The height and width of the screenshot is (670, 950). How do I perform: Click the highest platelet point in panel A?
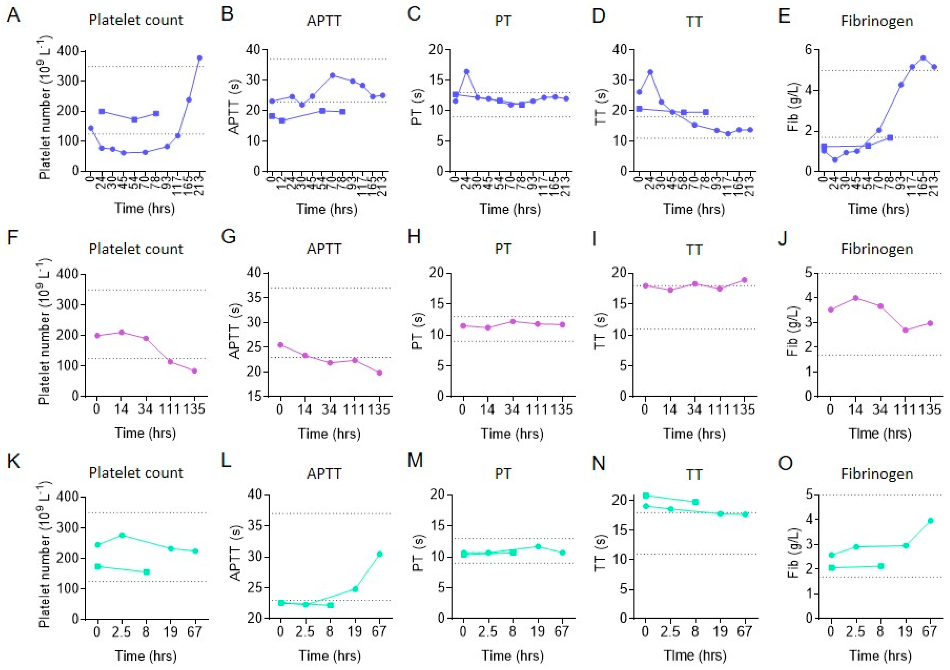pos(199,58)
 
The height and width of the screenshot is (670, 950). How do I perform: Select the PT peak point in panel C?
pos(467,71)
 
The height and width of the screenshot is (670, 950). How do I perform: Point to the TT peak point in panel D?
pos(650,72)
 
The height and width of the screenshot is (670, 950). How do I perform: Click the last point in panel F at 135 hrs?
pos(194,370)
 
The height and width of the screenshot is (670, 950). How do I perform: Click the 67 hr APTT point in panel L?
pos(380,554)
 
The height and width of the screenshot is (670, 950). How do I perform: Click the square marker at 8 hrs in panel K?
pos(146,572)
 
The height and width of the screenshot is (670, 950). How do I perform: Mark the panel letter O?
pos(785,463)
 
